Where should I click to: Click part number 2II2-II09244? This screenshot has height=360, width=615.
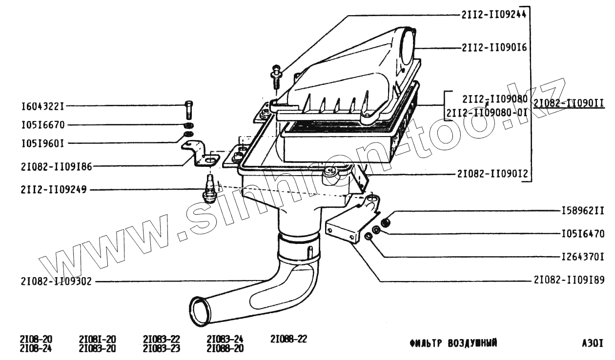click(x=493, y=15)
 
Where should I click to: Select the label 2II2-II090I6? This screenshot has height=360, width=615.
click(x=493, y=48)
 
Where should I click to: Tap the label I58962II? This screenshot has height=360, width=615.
click(x=582, y=211)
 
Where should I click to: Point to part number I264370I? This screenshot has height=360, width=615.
click(x=582, y=257)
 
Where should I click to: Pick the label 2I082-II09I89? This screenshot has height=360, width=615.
click(x=569, y=280)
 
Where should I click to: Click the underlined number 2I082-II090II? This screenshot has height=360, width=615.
click(x=569, y=103)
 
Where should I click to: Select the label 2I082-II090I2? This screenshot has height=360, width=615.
click(x=492, y=173)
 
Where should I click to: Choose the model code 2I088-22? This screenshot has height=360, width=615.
click(x=288, y=339)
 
